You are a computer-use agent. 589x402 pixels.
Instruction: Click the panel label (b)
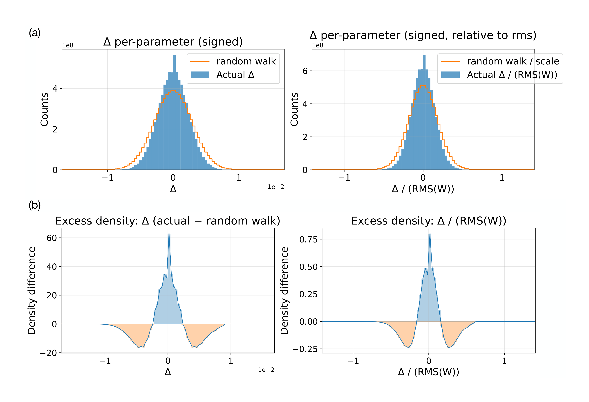pyautogui.click(x=35, y=205)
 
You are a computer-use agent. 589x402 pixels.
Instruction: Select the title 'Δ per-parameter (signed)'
pyautogui.click(x=173, y=42)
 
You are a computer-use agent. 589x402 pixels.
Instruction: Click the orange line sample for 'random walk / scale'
pyautogui.click(x=450, y=61)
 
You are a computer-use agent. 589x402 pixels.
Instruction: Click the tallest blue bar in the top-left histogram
pyautogui.click(x=174, y=112)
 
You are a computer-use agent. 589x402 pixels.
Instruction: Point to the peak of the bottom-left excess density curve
pyautogui.click(x=169, y=234)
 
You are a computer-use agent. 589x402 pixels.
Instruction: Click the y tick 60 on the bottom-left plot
pyautogui.click(x=52, y=238)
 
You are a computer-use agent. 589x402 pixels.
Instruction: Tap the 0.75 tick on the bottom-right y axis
pyautogui.click(x=308, y=239)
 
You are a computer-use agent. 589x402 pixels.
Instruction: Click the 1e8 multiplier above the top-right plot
pyautogui.click(x=318, y=45)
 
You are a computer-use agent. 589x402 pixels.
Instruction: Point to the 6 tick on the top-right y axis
pyautogui.click(x=305, y=71)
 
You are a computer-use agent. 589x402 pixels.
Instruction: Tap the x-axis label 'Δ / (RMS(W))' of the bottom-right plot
pyautogui.click(x=428, y=372)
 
